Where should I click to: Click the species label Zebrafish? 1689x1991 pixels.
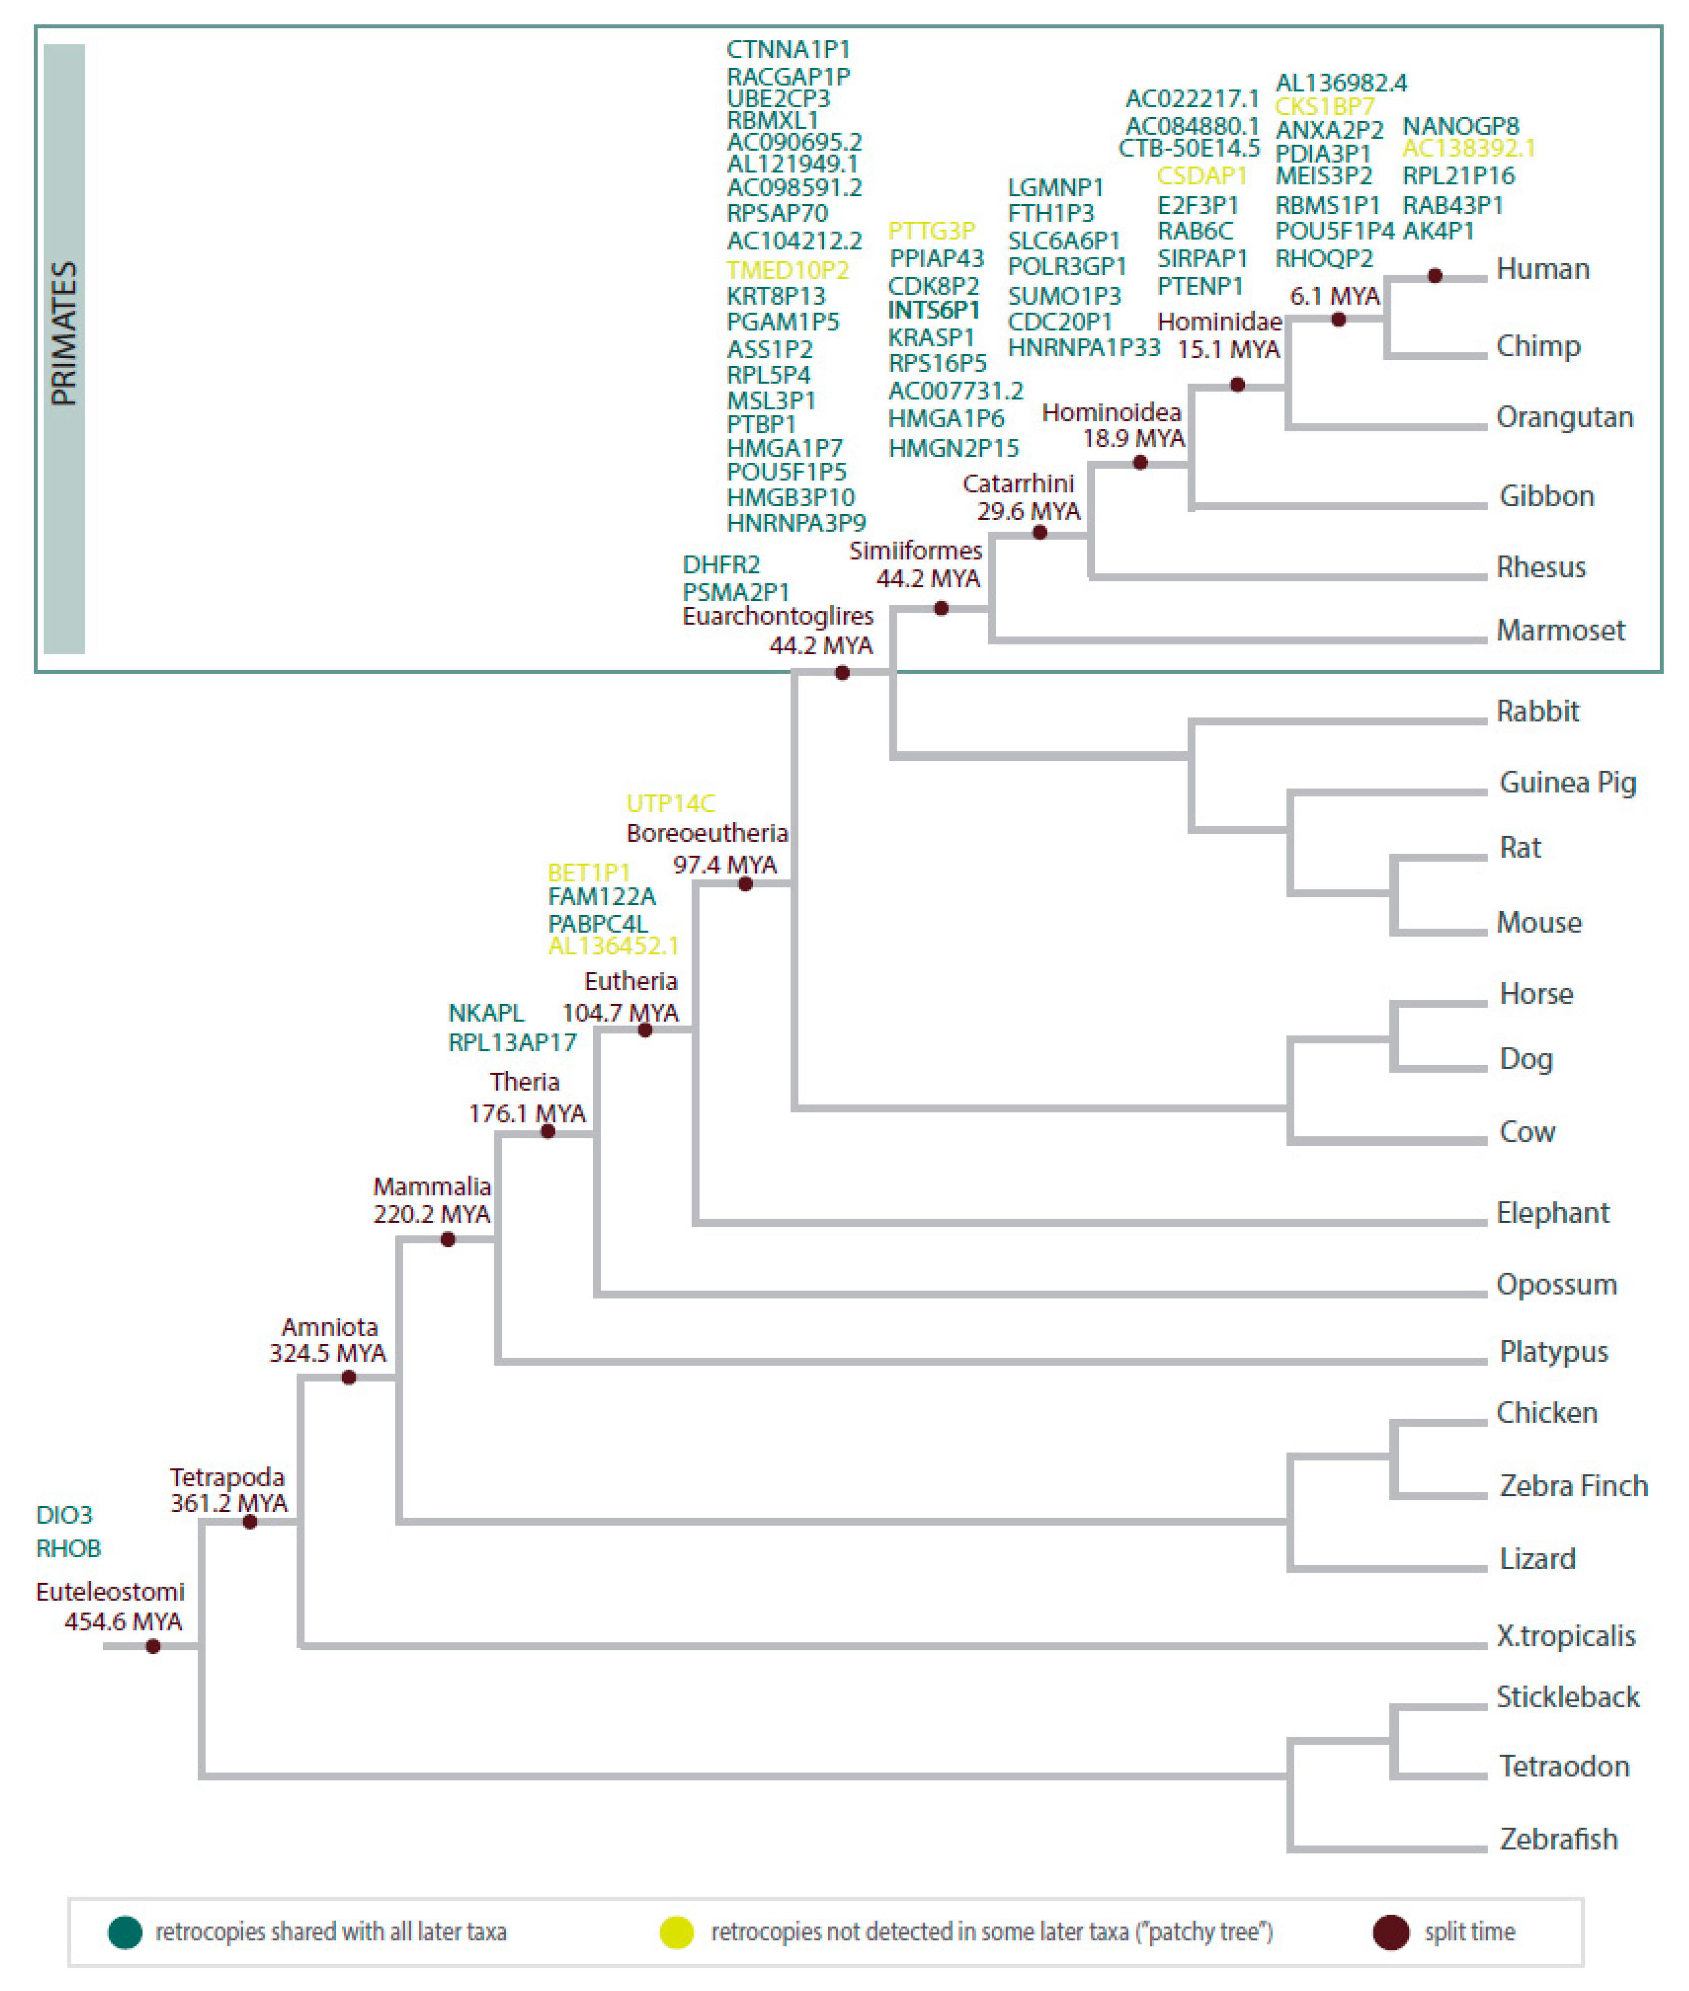(x=1558, y=1839)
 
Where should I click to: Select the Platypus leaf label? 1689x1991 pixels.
(x=1553, y=1351)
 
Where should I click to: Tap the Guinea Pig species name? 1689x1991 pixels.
(x=1567, y=782)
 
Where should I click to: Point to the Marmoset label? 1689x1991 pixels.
(x=1560, y=630)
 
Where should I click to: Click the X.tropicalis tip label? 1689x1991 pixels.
(x=1565, y=1635)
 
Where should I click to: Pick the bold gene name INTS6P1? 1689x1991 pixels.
(x=934, y=310)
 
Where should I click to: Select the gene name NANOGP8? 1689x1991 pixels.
(x=1460, y=127)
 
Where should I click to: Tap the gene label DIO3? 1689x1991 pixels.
(x=64, y=1515)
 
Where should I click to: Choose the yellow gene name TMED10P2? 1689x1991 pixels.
(x=787, y=270)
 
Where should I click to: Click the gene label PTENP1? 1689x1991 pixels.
(x=1200, y=286)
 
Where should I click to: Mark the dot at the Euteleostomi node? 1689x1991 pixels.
(x=153, y=1646)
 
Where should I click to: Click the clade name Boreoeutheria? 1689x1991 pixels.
(x=706, y=833)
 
